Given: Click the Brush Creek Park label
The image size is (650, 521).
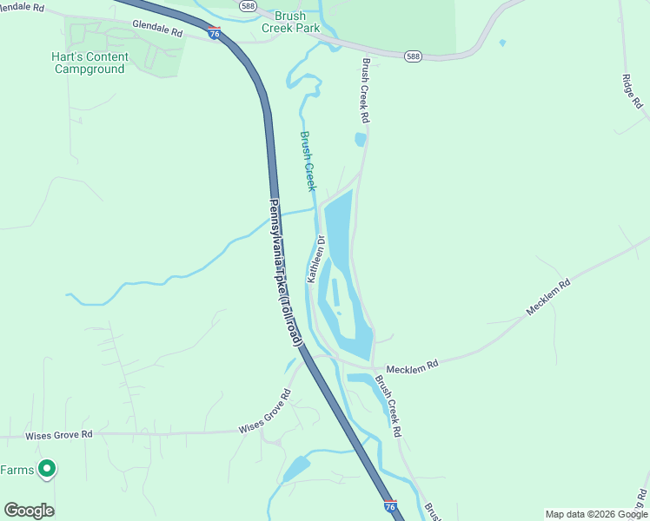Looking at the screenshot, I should click(x=290, y=22).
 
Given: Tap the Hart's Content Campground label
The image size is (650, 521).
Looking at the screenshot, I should click(x=90, y=63).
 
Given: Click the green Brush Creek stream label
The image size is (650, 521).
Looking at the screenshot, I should click(x=308, y=161).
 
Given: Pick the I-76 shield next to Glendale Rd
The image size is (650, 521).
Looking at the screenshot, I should click(x=214, y=34).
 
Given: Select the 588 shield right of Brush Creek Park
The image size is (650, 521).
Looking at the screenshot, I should click(x=414, y=56).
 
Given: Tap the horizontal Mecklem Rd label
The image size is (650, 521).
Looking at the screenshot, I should click(x=412, y=367).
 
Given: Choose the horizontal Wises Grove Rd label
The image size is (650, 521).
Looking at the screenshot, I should click(x=58, y=434).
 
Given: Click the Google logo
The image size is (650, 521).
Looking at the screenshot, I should click(x=29, y=511).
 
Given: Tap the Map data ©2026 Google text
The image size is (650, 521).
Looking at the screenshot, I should click(x=587, y=514).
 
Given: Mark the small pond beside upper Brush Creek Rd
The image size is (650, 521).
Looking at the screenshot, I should click(x=361, y=139).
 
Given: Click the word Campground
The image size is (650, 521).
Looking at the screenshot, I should click(x=90, y=69).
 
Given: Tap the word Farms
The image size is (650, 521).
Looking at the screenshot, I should click(x=17, y=470).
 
